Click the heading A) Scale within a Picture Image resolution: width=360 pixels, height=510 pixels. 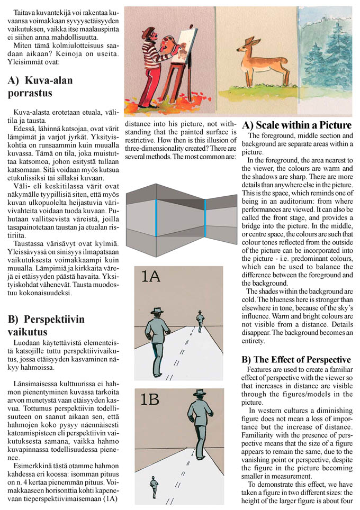[296, 125]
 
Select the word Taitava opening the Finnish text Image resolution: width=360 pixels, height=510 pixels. [25, 12]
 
